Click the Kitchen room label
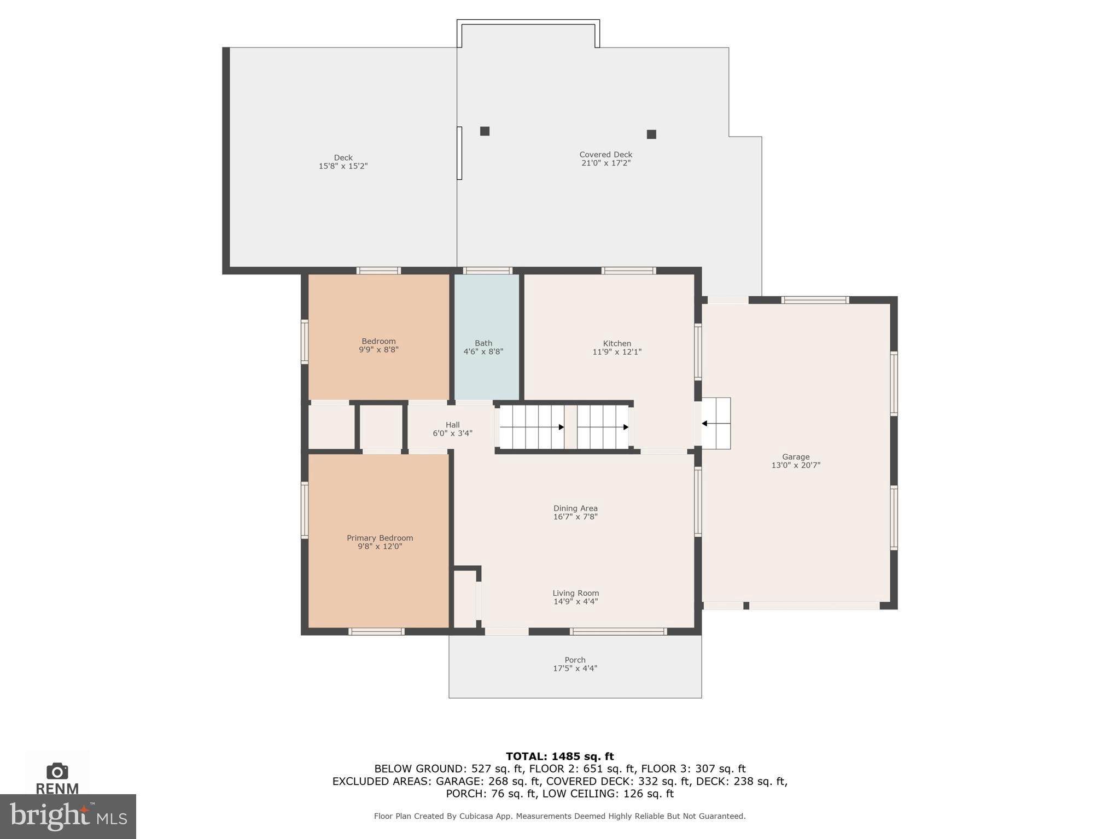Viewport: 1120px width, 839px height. coord(617,344)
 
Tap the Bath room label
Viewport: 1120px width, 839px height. coord(483,343)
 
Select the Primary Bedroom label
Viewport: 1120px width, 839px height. coord(380,538)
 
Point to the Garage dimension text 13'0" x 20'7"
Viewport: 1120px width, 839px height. coord(796,466)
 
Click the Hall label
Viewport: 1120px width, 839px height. coord(452,425)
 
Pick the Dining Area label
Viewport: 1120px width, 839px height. coord(575,508)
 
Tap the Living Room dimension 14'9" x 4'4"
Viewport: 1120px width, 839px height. coord(575,602)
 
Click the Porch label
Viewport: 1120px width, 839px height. coord(575,660)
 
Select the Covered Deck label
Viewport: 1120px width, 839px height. coord(606,155)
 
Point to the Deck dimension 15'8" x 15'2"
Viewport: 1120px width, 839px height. coord(343,166)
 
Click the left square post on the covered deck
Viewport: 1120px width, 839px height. coord(485,131)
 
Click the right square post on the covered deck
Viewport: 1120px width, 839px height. coord(651,134)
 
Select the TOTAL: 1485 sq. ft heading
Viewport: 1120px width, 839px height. coord(559,756)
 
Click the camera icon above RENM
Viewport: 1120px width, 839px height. coord(57,771)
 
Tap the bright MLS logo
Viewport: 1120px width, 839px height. coord(68,817)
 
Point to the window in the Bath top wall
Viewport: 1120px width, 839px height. coord(487,271)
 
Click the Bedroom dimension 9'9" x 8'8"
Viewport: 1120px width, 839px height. coord(378,350)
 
